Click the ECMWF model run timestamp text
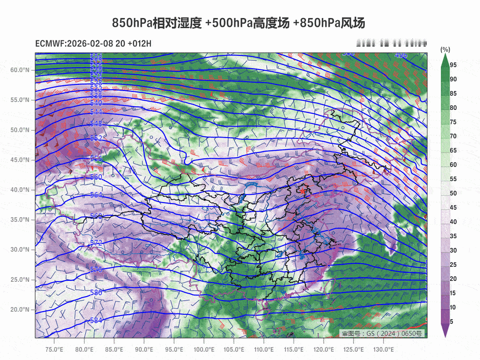(93, 44)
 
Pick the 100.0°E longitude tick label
(204, 350)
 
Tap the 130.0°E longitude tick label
(383, 350)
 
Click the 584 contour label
(96, 320)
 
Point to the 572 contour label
(96, 243)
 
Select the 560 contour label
(96, 177)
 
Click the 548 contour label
(96, 124)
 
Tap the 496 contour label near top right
(400, 55)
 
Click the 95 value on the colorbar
(453, 65)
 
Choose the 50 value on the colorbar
(453, 193)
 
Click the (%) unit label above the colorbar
(445, 50)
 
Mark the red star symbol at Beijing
(302, 191)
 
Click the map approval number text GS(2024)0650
(382, 334)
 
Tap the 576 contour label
(96, 269)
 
